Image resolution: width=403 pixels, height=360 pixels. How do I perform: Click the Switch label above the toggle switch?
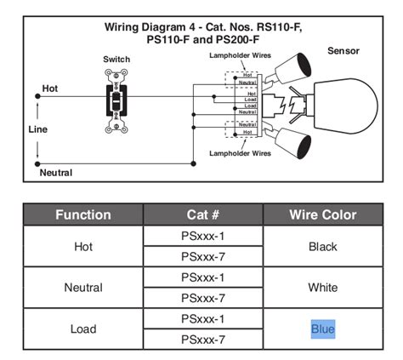116,59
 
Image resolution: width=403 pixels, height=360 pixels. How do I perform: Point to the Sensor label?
343,51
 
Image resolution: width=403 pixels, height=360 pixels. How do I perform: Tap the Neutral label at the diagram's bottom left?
56,173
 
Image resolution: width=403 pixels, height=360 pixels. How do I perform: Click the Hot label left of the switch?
50,89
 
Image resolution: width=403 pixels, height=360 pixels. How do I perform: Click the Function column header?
83,215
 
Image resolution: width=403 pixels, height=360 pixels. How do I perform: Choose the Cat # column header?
203,215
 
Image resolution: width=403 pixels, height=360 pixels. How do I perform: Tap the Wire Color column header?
323,215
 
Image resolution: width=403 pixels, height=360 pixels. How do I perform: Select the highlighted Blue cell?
323,329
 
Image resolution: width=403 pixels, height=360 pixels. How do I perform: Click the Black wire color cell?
323,247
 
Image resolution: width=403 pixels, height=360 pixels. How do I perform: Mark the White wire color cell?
323,288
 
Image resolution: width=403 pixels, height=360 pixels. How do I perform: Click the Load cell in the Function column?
83,329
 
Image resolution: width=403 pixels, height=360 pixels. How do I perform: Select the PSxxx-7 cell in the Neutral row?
203,298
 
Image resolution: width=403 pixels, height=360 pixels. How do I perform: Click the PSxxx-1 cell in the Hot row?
203,237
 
